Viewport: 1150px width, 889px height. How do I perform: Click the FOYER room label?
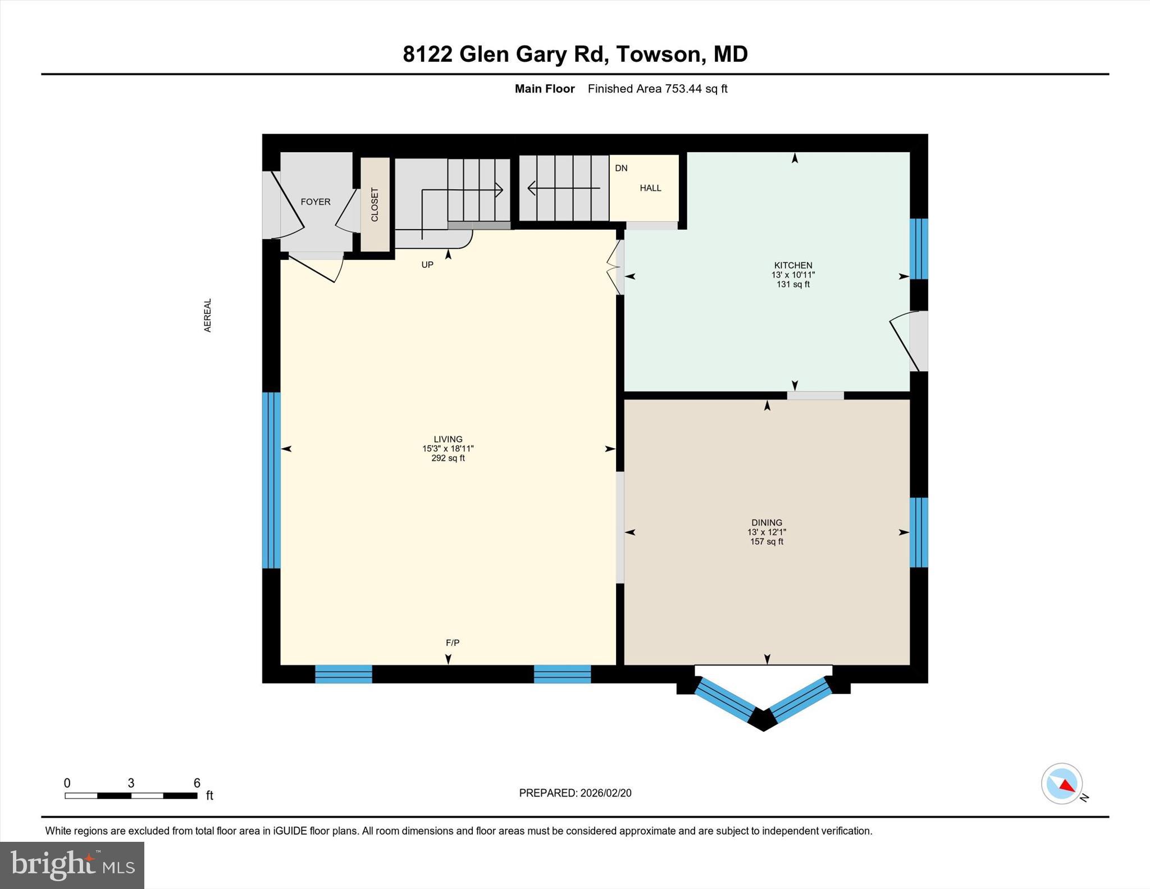(315, 202)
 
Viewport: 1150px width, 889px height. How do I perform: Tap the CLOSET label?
(375, 204)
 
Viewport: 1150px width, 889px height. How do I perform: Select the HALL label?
(650, 188)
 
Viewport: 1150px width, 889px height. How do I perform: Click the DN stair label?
(621, 168)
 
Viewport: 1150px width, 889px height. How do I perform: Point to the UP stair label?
(427, 265)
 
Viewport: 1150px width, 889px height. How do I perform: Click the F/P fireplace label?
(453, 642)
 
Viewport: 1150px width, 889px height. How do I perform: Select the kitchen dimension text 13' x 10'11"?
(793, 275)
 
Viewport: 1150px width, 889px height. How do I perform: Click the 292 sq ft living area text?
(448, 458)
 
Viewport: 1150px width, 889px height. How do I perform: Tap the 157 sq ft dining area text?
(766, 541)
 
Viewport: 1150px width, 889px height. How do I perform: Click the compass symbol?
(1061, 783)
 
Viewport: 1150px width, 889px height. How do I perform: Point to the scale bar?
(131, 795)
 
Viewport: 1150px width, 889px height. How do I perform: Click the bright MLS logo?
(72, 865)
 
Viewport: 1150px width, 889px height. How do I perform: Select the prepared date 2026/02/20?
(606, 793)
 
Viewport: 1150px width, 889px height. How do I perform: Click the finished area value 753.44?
(683, 89)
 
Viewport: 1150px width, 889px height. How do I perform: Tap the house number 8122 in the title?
(427, 54)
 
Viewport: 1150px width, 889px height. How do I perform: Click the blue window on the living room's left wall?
(271, 480)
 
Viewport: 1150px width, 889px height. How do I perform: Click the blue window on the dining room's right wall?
(919, 532)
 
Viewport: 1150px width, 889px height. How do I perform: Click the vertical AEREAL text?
(208, 315)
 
